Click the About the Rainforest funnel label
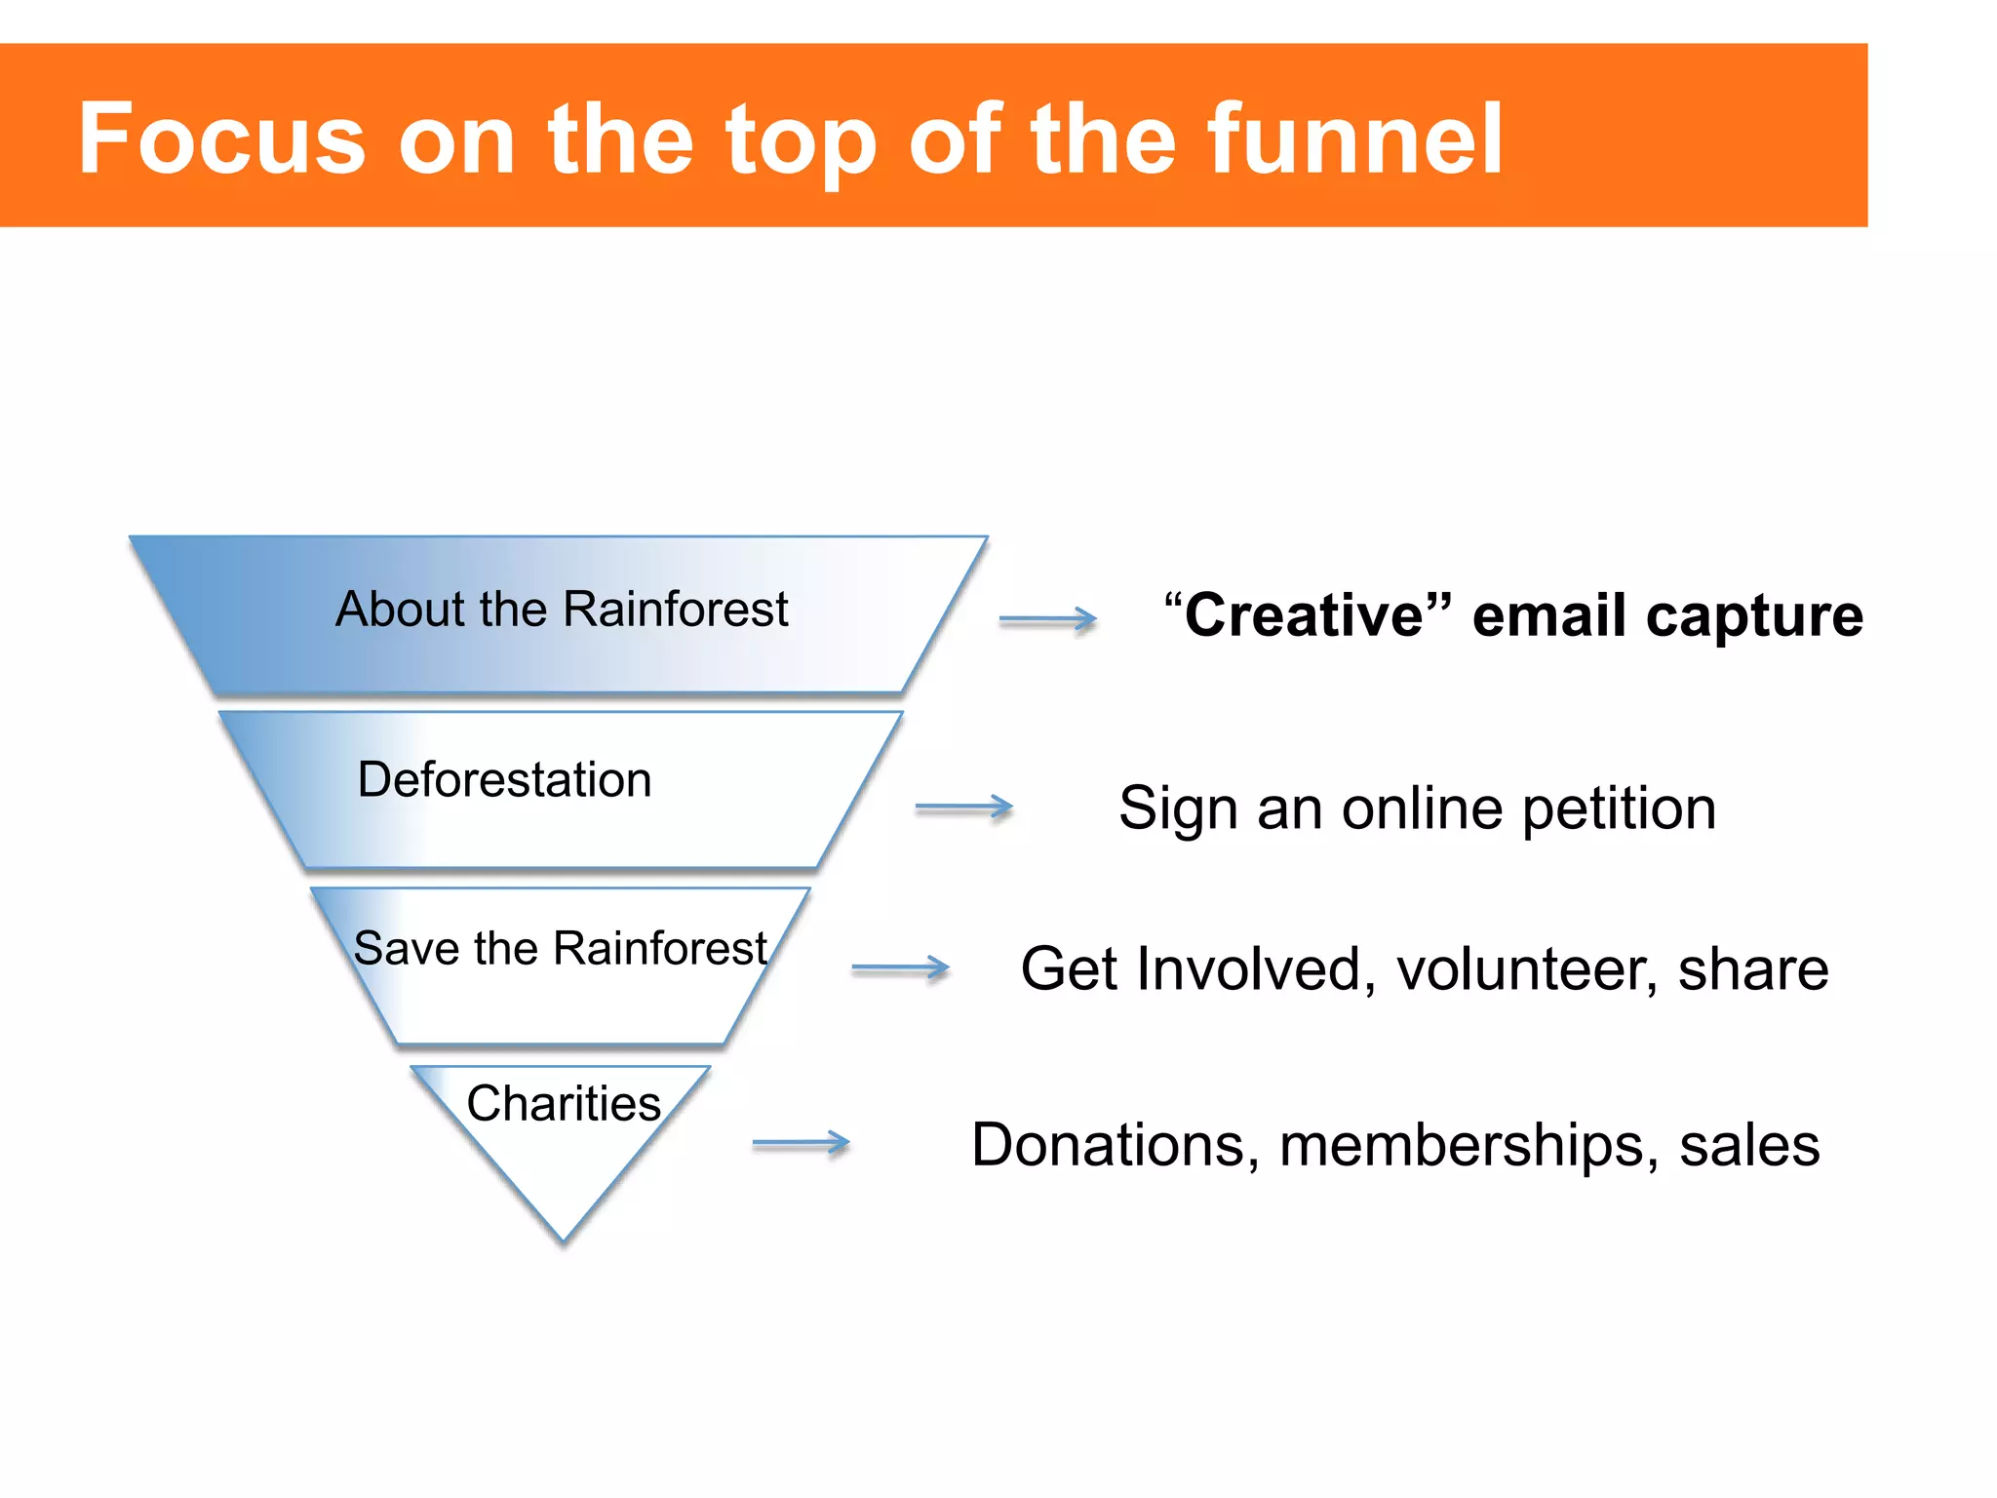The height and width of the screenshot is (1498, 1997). (562, 611)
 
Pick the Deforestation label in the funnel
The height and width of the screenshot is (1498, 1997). (504, 780)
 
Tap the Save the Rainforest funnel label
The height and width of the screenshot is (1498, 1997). (561, 949)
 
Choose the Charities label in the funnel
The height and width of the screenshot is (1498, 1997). (564, 1104)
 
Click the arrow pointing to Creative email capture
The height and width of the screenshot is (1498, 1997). (1048, 619)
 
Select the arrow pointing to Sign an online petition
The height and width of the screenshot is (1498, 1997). (964, 808)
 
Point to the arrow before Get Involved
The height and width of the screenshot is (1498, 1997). (900, 968)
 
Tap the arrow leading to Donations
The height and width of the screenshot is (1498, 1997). (801, 1143)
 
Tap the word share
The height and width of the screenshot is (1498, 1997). (1752, 970)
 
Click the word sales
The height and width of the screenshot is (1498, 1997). (1749, 1145)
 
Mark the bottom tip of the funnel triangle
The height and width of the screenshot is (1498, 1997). (564, 1240)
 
